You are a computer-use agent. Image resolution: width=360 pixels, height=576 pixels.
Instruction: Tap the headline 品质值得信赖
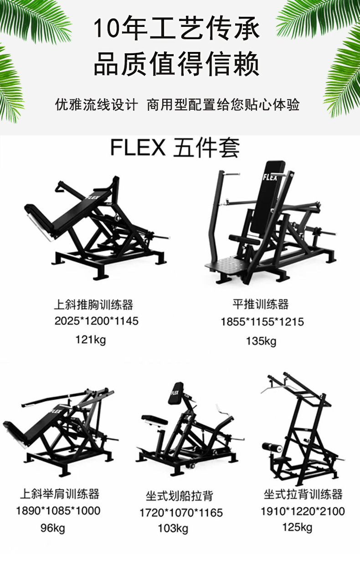pos(176,64)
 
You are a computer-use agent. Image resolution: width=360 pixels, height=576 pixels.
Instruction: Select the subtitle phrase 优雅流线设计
pos(96,105)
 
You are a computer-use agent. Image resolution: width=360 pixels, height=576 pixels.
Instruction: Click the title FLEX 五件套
pos(175,148)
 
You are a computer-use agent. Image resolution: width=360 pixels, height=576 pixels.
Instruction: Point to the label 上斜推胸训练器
pos(93,304)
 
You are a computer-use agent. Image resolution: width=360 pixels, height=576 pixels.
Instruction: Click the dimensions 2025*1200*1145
pos(96,321)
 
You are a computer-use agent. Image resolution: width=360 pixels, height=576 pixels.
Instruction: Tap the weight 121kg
pos(90,339)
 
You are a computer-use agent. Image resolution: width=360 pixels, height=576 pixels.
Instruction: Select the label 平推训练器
pos(260,304)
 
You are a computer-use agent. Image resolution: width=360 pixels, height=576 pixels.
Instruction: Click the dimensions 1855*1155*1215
pos(262,322)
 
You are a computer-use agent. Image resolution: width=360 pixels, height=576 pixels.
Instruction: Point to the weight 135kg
pos(261,341)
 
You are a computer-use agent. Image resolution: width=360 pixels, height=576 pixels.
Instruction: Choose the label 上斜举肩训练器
pos(59,494)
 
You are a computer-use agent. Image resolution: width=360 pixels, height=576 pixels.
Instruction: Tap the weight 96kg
pos(53,528)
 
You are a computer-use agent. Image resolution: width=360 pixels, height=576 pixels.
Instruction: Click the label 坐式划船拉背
pos(179,495)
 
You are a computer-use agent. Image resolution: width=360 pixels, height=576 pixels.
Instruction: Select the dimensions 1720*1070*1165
pos(181,513)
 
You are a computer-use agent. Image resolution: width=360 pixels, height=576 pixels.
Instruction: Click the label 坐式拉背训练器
pos(303,494)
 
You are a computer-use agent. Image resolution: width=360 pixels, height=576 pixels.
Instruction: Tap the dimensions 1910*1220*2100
pos(303,511)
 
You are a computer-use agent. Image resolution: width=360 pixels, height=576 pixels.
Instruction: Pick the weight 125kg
pos(297,528)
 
